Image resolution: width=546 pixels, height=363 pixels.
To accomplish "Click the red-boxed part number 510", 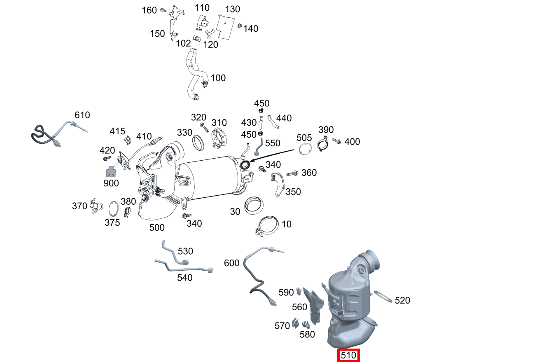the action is (x=348, y=355).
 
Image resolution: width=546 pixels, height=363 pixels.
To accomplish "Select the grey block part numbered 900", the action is (x=111, y=172).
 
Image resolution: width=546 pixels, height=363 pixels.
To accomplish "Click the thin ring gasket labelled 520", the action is (x=383, y=296).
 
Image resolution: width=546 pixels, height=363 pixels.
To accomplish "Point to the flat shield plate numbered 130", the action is (x=225, y=27).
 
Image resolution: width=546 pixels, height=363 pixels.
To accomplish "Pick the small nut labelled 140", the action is (x=239, y=26).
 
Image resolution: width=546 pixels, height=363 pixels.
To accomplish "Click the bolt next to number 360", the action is (x=292, y=173).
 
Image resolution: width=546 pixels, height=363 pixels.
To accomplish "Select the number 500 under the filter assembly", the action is (x=157, y=227).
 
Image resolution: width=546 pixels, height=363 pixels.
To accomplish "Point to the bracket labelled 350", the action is (x=278, y=184).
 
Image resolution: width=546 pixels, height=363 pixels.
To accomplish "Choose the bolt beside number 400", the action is (x=336, y=141).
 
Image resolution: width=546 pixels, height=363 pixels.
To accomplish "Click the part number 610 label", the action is (x=82, y=115).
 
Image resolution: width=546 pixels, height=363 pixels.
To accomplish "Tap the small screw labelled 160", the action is (x=163, y=10).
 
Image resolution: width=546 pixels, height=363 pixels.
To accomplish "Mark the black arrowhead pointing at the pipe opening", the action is (x=252, y=161).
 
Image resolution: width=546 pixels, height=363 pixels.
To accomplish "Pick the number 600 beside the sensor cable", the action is (x=231, y=263).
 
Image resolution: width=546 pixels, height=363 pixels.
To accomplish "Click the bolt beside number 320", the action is (x=204, y=128).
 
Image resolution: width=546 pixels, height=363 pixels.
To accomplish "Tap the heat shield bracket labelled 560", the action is (x=314, y=307).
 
